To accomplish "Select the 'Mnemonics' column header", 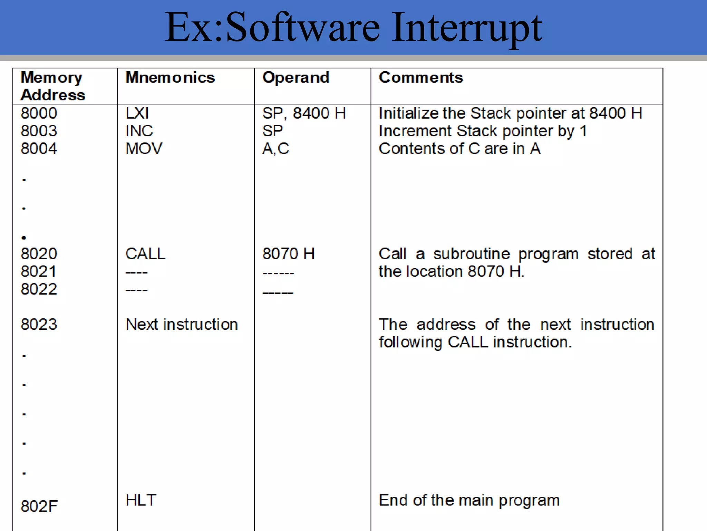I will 170,77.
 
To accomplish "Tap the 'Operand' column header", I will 296,77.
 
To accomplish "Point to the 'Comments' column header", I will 421,77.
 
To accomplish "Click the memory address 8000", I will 39,113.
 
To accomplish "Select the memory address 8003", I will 39,131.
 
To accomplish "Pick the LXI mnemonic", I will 137,113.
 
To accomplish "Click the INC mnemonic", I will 139,131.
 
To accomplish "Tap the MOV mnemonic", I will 144,149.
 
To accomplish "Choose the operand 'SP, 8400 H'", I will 304,113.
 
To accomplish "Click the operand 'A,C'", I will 275,149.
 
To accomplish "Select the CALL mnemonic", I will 145,254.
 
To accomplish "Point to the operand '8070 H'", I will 288,254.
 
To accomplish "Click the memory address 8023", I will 39,324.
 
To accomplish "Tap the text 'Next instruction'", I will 182,324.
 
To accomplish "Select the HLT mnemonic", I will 141,500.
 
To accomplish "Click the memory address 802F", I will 39,506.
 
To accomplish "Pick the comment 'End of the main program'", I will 469,500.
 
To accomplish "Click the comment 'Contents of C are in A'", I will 459,149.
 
